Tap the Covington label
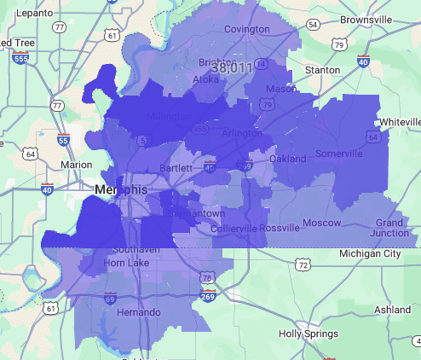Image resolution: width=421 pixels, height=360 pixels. coord(246,29)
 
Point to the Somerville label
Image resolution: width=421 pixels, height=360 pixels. coord(339,154)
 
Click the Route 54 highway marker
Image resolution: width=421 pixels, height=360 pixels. coord(313,25)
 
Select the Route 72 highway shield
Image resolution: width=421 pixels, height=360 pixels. coord(303,266)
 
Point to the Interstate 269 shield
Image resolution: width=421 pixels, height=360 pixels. coord(207,296)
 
